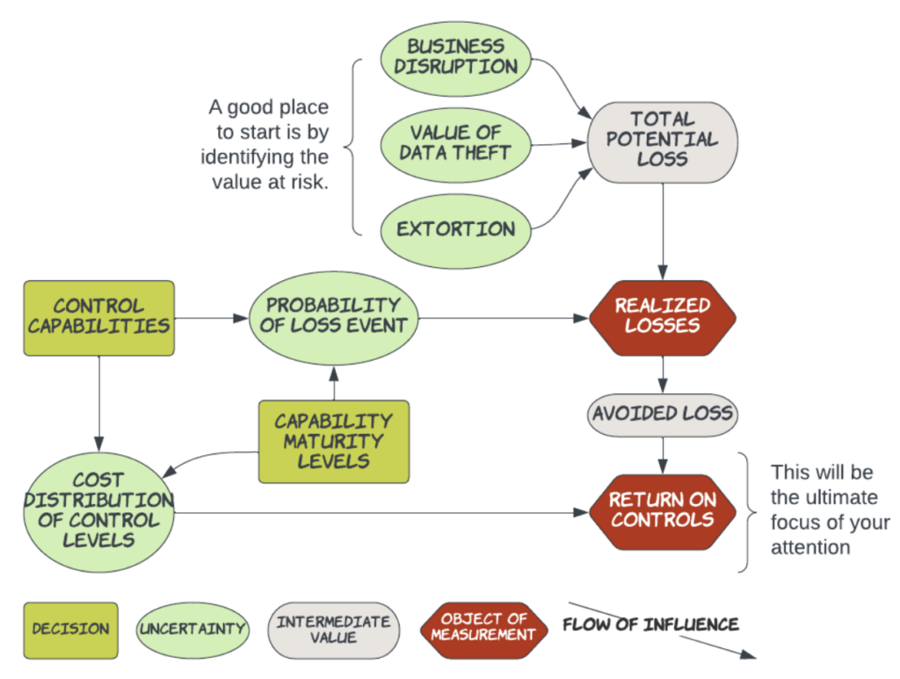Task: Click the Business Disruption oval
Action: click(456, 57)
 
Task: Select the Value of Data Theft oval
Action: click(456, 143)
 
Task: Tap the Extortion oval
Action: click(456, 229)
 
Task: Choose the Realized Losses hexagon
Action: click(662, 315)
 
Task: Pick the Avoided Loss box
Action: click(662, 413)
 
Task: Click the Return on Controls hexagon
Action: click(662, 509)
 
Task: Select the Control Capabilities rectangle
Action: click(98, 317)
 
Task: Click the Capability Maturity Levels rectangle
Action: click(333, 441)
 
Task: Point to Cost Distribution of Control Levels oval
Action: click(98, 509)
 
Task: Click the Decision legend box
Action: click(70, 629)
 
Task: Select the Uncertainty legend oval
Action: click(192, 629)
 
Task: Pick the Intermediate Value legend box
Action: click(333, 629)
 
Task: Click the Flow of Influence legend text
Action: click(650, 625)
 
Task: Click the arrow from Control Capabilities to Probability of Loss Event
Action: click(211, 317)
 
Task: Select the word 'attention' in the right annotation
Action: click(810, 547)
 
